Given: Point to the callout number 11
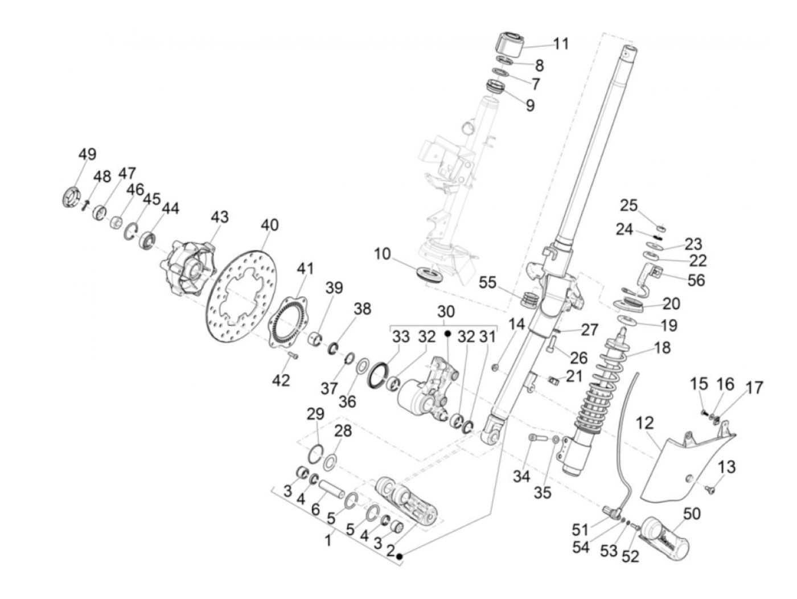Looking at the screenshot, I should pyautogui.click(x=561, y=44).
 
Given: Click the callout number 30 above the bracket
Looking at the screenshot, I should pyautogui.click(x=446, y=312).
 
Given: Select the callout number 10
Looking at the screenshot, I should pyautogui.click(x=383, y=253).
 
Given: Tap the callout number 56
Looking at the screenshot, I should pyautogui.click(x=695, y=280).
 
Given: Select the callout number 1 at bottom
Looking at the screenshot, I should pyautogui.click(x=328, y=540).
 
